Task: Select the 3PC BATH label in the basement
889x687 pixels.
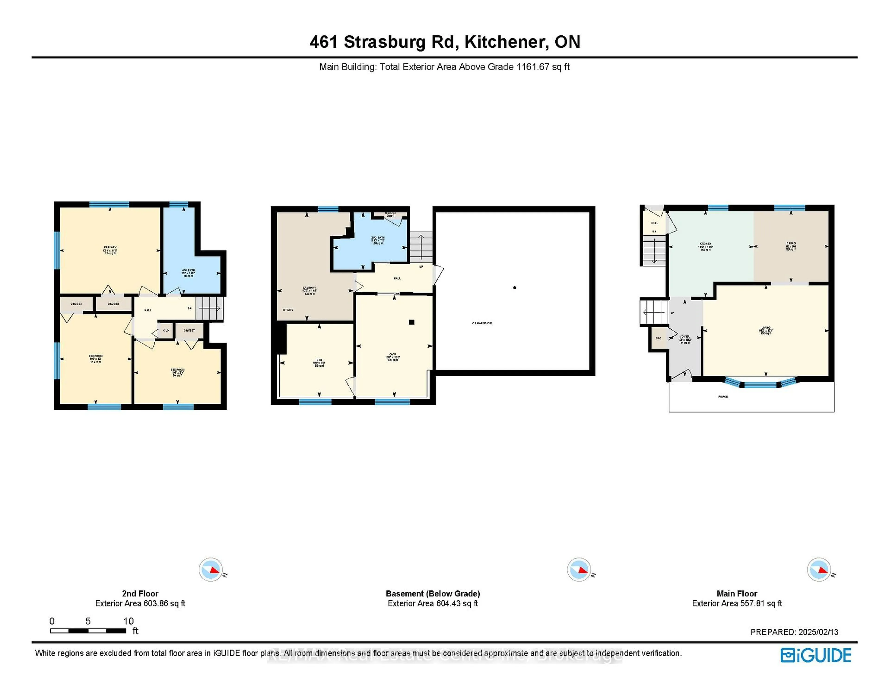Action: click(x=378, y=238)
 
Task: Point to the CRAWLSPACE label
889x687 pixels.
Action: click(x=482, y=323)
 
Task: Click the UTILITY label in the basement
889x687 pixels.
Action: click(x=288, y=310)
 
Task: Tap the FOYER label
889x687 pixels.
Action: click(x=685, y=337)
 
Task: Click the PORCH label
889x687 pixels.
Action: click(x=723, y=397)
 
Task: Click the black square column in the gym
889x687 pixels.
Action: click(x=412, y=322)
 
